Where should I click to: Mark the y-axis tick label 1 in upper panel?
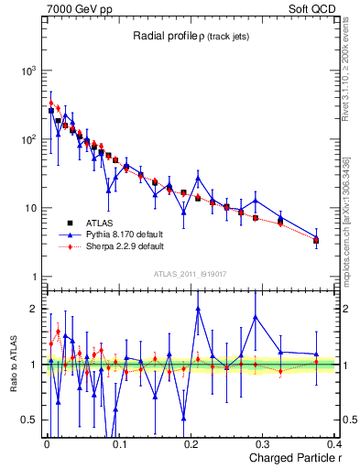[34, 277]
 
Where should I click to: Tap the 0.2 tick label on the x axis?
[190, 445]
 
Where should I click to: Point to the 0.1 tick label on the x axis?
[118, 445]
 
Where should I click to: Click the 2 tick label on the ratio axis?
[34, 309]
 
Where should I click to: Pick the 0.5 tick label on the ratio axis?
[29, 420]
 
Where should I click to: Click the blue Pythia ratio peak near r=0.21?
[198, 309]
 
